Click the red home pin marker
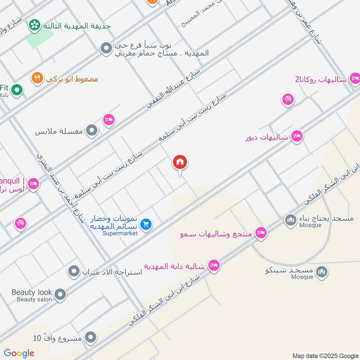pos(180,162)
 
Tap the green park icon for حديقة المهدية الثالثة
pos(34,25)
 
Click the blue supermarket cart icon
pos(146,224)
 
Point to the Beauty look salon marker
pos(60,295)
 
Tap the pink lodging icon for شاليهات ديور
pos(297,136)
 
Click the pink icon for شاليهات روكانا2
pos(355,79)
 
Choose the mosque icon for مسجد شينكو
pos(321,271)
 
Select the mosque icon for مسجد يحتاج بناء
pos(290,220)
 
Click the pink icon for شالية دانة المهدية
pos(214,266)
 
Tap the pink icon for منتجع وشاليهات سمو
pos(260,233)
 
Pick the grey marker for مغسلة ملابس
pos(92,131)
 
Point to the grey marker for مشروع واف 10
pos(91,337)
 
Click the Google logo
pos(19,353)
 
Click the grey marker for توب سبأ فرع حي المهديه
pos(106,48)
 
